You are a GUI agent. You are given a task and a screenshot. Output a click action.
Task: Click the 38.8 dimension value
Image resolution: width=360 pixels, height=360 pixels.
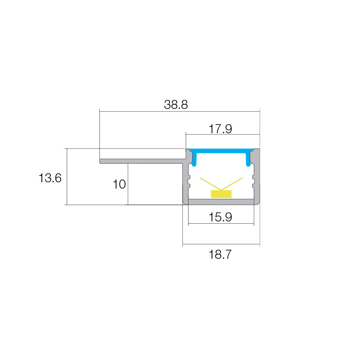176,105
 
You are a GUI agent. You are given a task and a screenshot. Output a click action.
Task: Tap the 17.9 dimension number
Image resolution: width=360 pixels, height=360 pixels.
220,129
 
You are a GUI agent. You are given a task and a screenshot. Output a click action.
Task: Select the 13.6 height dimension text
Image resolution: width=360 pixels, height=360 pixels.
50,178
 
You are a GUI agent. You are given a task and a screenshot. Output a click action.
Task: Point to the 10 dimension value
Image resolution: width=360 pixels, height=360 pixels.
119,184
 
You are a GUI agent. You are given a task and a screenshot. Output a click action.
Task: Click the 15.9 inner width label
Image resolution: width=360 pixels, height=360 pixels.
220,217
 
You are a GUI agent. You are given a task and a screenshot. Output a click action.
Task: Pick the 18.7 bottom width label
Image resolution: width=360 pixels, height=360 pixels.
220,255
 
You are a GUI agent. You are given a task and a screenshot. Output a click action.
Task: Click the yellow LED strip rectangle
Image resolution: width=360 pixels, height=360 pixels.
221,194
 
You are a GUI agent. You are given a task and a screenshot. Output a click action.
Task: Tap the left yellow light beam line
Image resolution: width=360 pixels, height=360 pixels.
211,184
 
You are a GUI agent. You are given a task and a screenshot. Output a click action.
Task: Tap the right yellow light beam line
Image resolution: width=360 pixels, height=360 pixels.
232,184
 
